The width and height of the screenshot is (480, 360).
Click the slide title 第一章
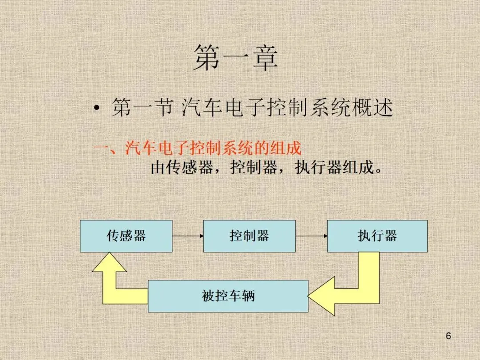236,58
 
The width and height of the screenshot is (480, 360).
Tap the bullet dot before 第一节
96,109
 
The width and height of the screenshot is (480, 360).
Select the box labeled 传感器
126,236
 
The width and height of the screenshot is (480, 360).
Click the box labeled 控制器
249,236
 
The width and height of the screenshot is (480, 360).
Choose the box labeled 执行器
377,236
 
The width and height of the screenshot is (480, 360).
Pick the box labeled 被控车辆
228,296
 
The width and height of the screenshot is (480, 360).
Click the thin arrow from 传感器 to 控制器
188,236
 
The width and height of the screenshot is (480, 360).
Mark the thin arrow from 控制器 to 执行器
311,236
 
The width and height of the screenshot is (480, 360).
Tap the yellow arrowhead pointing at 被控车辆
320,296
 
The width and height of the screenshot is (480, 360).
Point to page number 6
448,336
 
